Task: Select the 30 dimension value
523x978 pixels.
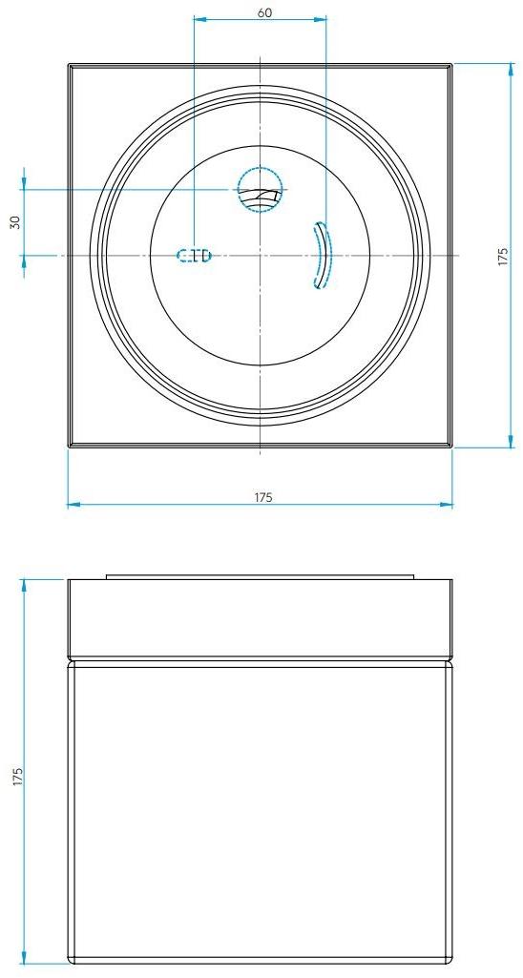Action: [14, 221]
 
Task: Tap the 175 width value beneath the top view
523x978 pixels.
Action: [263, 496]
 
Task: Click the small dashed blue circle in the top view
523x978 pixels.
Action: [261, 189]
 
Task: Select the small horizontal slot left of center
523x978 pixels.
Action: [194, 255]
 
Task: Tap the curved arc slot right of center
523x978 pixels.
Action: [322, 255]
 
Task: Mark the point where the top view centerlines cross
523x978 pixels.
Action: [261, 255]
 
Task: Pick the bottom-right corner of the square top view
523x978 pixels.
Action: [451, 446]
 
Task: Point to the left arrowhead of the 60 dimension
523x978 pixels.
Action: [198, 18]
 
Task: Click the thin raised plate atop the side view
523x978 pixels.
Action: [260, 576]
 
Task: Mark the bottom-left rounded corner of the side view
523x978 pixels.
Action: [72, 958]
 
